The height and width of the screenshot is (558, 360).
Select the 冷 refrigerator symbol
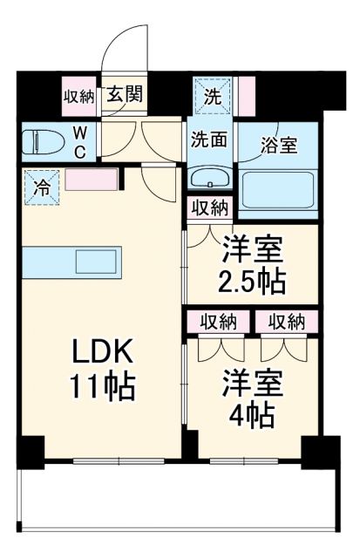pos(40,185)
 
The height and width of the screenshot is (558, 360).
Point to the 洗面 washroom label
pos(209,139)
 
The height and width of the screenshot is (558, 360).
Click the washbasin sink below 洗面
pos(209,180)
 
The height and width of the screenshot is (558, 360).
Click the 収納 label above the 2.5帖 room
pos(210,208)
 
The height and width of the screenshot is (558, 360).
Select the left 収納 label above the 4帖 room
pos(217,322)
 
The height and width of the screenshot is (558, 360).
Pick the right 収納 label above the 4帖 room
pos(286,322)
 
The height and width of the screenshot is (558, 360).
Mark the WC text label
pos(79,141)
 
